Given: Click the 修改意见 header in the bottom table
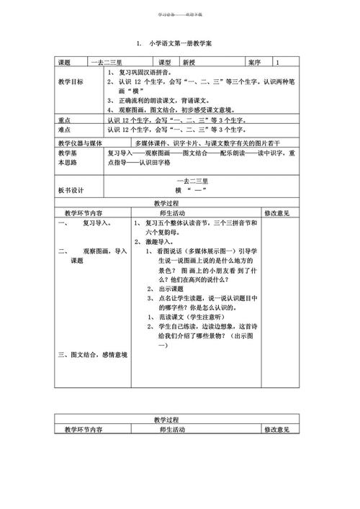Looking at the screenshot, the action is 276,429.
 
